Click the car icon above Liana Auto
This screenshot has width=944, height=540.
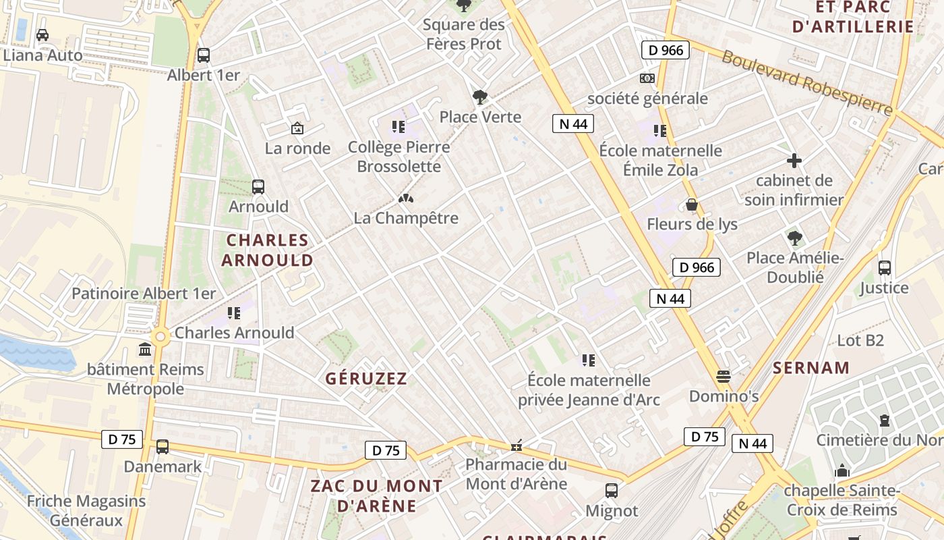pyautogui.click(x=42, y=35)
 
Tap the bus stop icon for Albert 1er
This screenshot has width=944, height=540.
pyautogui.click(x=204, y=55)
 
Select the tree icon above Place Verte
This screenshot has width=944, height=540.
pyautogui.click(x=480, y=97)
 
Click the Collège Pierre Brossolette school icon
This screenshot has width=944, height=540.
pyautogui.click(x=399, y=126)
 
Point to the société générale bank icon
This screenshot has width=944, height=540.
pyautogui.click(x=647, y=78)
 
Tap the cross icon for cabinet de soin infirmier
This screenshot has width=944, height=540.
pyautogui.click(x=794, y=161)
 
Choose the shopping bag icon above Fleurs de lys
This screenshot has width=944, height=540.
pyautogui.click(x=692, y=205)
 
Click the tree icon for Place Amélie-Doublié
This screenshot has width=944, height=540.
pyautogui.click(x=795, y=238)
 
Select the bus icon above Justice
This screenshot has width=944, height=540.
pyautogui.click(x=885, y=268)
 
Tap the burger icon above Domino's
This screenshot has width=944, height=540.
pyautogui.click(x=724, y=375)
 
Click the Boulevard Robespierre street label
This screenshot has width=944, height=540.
pyautogui.click(x=806, y=82)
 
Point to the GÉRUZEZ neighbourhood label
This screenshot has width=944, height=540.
pyautogui.click(x=366, y=379)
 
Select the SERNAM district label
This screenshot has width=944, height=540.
pyautogui.click(x=811, y=368)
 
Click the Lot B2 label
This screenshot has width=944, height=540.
pyautogui.click(x=860, y=340)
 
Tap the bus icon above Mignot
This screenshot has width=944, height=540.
pyautogui.click(x=612, y=491)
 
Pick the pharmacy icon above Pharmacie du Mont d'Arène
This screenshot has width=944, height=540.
pyautogui.click(x=517, y=446)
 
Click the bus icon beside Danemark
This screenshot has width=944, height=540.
pyautogui.click(x=163, y=447)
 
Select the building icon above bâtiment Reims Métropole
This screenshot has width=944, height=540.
pyautogui.click(x=145, y=350)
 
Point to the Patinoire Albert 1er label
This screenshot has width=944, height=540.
pyautogui.click(x=144, y=294)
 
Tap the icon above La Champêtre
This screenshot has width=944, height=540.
pyautogui.click(x=405, y=198)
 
